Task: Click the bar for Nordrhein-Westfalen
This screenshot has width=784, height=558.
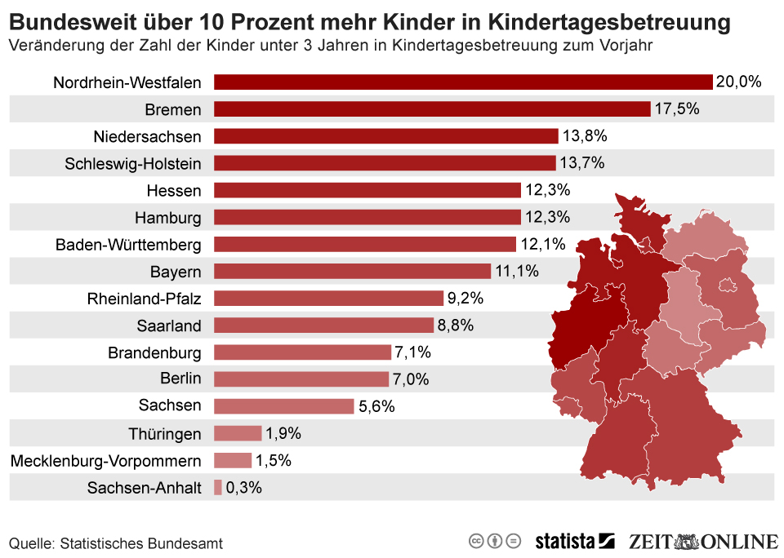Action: (x=463, y=82)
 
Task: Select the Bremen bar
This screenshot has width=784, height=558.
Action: (x=432, y=108)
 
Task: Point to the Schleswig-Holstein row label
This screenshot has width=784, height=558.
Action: (x=133, y=163)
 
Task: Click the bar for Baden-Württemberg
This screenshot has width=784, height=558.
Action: (x=365, y=244)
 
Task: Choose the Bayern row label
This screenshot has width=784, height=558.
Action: (x=176, y=271)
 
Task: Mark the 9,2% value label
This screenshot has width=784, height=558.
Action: (x=465, y=298)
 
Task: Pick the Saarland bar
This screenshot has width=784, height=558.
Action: (x=323, y=325)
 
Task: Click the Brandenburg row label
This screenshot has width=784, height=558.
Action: (x=154, y=352)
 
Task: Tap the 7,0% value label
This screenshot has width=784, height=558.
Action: (x=412, y=379)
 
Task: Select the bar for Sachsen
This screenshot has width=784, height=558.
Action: (x=283, y=405)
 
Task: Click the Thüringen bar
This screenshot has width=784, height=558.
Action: (x=238, y=433)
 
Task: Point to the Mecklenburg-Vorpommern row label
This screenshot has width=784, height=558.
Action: (x=105, y=461)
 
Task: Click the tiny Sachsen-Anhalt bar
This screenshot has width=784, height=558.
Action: (x=218, y=487)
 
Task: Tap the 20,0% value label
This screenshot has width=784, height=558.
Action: (x=738, y=82)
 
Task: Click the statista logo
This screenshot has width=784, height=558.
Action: (x=574, y=541)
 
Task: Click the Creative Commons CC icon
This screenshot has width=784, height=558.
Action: (x=476, y=541)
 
